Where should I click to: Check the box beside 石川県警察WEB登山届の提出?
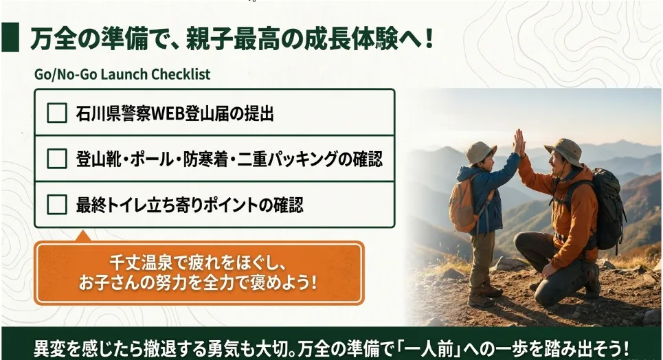[56, 113]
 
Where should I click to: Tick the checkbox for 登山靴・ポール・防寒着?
[56, 159]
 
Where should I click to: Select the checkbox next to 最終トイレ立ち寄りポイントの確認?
[56, 205]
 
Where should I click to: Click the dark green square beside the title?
[10, 37]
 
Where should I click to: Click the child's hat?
[480, 153]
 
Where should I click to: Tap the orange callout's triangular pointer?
[83, 236]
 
